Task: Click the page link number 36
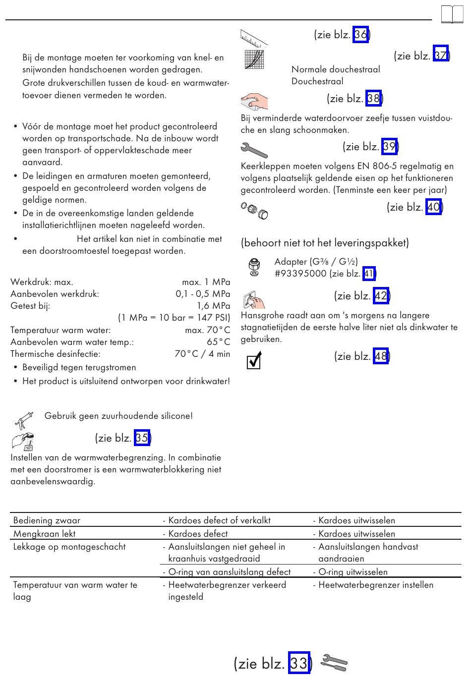click(360, 35)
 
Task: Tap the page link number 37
click(440, 56)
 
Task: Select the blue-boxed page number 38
click(373, 99)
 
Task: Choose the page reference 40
click(433, 207)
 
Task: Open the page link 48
click(381, 356)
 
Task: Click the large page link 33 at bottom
click(299, 663)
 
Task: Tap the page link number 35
click(142, 438)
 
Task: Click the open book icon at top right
click(452, 15)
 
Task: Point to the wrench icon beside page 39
click(254, 149)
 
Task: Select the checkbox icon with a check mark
click(254, 361)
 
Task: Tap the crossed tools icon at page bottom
click(334, 663)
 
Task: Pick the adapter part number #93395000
click(300, 274)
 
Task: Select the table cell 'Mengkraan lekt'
click(45, 534)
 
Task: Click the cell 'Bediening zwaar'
click(47, 520)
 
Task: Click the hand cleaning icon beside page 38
click(255, 101)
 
